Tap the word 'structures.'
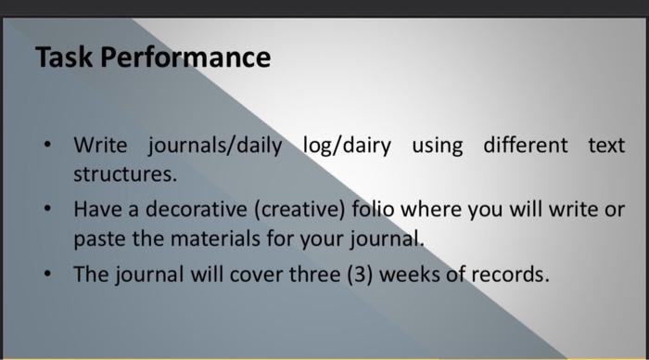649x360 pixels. tap(124, 174)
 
